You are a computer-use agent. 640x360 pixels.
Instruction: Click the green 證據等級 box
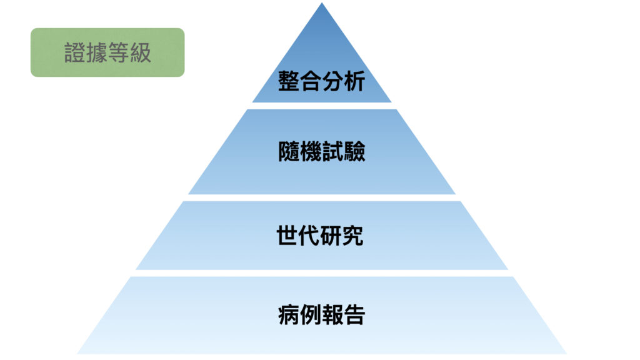pos(107,52)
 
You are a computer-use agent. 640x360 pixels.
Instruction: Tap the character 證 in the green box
pos(75,52)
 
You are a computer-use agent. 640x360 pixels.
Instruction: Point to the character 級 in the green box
pos(141,52)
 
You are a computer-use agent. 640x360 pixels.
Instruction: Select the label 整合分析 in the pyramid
pos(321,81)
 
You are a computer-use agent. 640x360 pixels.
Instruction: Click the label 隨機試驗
pos(322,151)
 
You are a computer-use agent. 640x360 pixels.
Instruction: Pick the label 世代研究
pos(320,236)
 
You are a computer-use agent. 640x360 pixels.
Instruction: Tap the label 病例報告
pos(322,315)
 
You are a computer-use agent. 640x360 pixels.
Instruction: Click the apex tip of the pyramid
pos(322,3)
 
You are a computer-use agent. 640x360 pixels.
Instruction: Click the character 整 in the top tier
pos(289,81)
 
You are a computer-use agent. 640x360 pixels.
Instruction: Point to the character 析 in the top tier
pos(354,81)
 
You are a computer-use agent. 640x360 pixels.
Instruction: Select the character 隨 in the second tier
pos(289,151)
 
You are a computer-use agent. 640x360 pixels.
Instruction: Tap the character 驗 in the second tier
pos(354,151)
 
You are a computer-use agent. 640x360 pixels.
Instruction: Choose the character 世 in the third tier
pos(287,236)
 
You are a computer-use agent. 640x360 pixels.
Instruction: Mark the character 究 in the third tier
pos(352,236)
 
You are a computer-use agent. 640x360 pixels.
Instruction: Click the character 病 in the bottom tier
pos(289,315)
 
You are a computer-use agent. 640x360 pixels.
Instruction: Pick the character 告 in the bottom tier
pos(354,315)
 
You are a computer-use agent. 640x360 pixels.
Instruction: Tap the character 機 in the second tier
pos(311,151)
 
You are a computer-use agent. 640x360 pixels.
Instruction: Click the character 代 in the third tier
pos(309,236)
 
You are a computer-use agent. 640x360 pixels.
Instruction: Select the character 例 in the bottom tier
pos(311,315)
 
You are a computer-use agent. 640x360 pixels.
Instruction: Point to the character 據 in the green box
pos(97,52)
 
